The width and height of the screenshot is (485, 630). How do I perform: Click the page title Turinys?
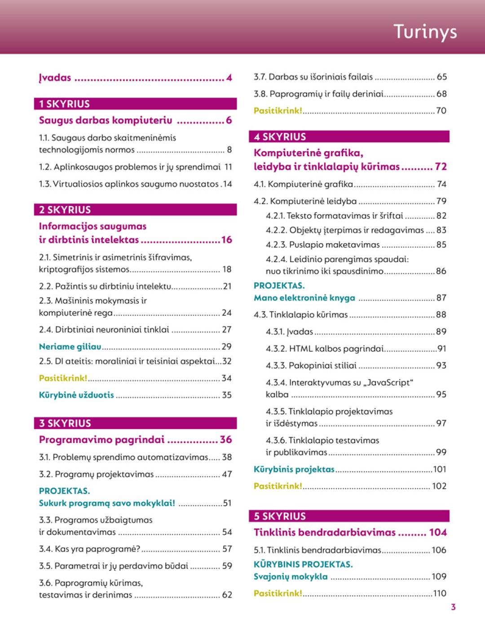[425, 32]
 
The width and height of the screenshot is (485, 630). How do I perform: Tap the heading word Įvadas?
[55, 78]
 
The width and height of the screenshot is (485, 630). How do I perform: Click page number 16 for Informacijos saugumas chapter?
[226, 240]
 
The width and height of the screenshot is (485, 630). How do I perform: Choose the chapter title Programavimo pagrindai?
[102, 439]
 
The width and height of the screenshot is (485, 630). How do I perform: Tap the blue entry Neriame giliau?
[70, 346]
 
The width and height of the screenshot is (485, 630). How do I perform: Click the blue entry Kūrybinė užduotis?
[76, 395]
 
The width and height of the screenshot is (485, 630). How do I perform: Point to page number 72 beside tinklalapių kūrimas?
[441, 166]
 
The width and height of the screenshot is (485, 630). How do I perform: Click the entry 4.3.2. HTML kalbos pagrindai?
[325, 349]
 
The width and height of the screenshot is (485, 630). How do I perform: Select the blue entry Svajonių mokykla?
[291, 577]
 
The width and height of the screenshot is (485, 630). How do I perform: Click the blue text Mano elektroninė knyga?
[304, 297]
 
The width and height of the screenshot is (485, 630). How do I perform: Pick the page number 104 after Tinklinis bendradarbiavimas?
[438, 533]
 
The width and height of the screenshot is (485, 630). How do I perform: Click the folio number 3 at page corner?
[453, 607]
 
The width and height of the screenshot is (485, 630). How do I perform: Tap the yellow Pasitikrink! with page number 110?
[278, 593]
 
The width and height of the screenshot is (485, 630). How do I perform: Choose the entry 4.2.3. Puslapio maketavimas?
[322, 245]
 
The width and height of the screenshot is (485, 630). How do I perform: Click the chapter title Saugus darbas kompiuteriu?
[106, 120]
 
